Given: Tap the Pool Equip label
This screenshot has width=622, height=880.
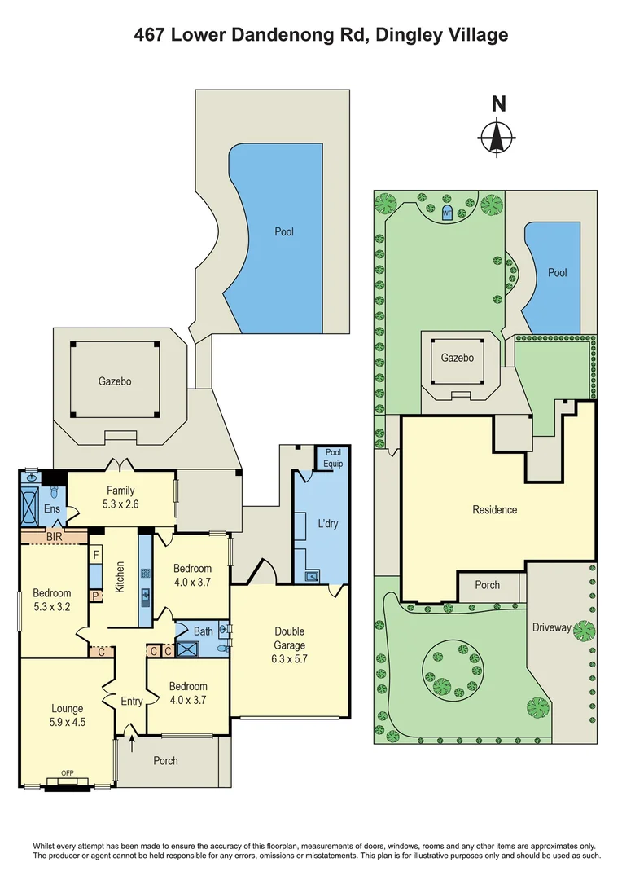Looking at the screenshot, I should coord(334,458).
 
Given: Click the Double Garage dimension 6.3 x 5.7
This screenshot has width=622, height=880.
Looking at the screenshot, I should coord(290,658).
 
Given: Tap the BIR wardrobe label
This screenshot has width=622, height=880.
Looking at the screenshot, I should coord(55,537).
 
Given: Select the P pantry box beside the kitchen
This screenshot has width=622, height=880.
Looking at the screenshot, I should coord(95,596).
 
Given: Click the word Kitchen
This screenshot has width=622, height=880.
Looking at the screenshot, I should coord(119,578).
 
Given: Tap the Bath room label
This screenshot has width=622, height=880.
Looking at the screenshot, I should coord(203,630).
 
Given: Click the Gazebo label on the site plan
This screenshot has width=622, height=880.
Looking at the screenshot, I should coord(457,358).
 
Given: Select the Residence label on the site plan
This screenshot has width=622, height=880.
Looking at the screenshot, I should coord(495,510).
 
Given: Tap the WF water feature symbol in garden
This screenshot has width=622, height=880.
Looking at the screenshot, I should coord(446,213).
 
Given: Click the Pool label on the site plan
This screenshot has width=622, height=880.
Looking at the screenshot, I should coord(557,273).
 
